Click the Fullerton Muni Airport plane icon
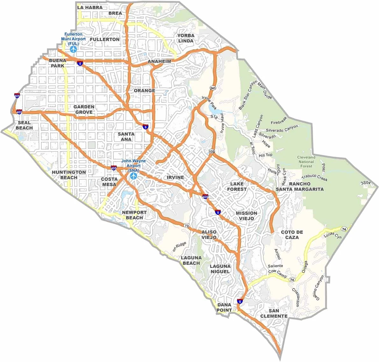74,49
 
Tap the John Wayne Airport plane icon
133,176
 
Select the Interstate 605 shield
17,95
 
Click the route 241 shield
212,88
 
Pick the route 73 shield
186,225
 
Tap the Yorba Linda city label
186,38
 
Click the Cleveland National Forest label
306,162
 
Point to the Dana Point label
224,307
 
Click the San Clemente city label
274,313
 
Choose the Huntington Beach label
69,175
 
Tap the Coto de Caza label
292,235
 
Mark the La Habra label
90,7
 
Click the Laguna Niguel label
220,269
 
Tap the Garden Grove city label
84,109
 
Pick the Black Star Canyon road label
247,95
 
